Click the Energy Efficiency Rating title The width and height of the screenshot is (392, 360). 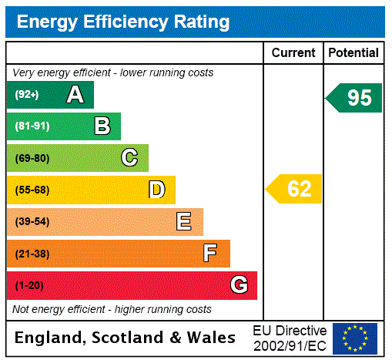(123, 22)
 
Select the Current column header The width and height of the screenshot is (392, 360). (293, 53)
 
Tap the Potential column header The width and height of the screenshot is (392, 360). (353, 53)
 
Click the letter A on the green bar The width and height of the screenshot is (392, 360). (75, 95)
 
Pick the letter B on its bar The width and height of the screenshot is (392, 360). (102, 126)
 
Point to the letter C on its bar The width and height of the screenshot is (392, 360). (129, 158)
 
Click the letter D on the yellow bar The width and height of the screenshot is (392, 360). (156, 190)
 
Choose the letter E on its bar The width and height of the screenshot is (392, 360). (184, 222)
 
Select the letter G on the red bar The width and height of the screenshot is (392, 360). (239, 285)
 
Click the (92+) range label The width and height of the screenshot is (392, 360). (27, 95)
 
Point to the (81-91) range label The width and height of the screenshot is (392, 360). (32, 126)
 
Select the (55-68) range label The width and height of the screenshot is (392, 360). (32, 190)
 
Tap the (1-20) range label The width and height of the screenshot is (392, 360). (29, 286)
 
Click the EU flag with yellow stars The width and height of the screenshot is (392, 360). (355, 338)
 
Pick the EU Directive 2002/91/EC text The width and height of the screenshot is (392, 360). (290, 338)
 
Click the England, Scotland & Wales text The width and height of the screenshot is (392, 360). (126, 338)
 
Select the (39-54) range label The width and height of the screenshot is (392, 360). (32, 222)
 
